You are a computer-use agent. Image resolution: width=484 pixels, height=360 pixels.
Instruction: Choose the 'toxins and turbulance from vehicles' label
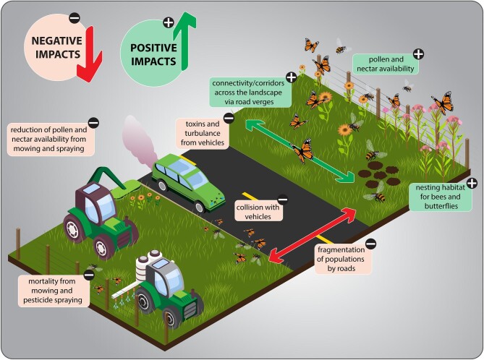203,134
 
